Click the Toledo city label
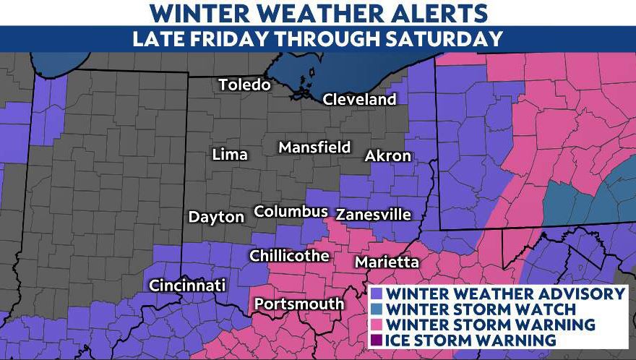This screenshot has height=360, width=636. pos(244,85)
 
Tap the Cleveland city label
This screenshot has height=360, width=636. pos(359,100)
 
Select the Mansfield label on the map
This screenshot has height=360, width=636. pos(314,148)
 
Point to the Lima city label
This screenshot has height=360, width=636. pos(230,155)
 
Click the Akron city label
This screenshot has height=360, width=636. pos(388,156)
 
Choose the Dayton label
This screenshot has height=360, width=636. pos(216,217)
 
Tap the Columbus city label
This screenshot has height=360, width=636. pos(291,212)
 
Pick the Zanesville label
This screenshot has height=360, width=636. pos(374,215)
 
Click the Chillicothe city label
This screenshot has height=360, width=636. pos(289,256)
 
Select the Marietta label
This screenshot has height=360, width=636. pos(387,262)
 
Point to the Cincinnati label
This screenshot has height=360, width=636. pos(187,286)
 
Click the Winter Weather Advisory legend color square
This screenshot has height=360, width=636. pos(377,294)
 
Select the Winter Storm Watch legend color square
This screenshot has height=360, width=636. pos(377,309)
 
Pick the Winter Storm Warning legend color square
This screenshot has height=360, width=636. pos(377,324)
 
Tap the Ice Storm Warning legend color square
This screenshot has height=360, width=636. pos(377,339)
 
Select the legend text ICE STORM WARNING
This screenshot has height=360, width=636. pos(470,339)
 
